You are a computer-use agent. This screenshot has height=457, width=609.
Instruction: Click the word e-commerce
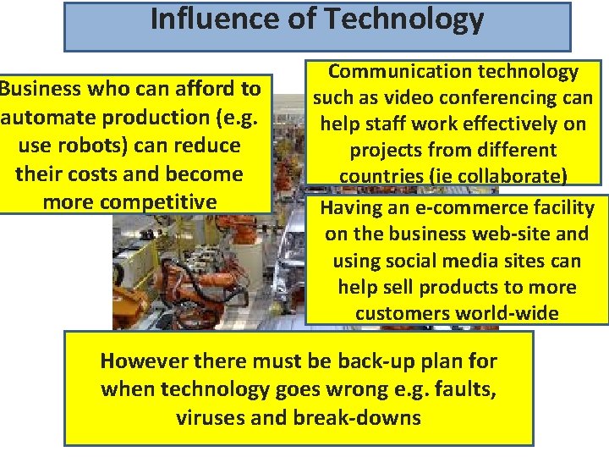tap(447, 208)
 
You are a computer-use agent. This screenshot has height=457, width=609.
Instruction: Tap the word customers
tap(401, 313)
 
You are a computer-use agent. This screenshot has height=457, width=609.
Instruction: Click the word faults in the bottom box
tap(464, 389)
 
